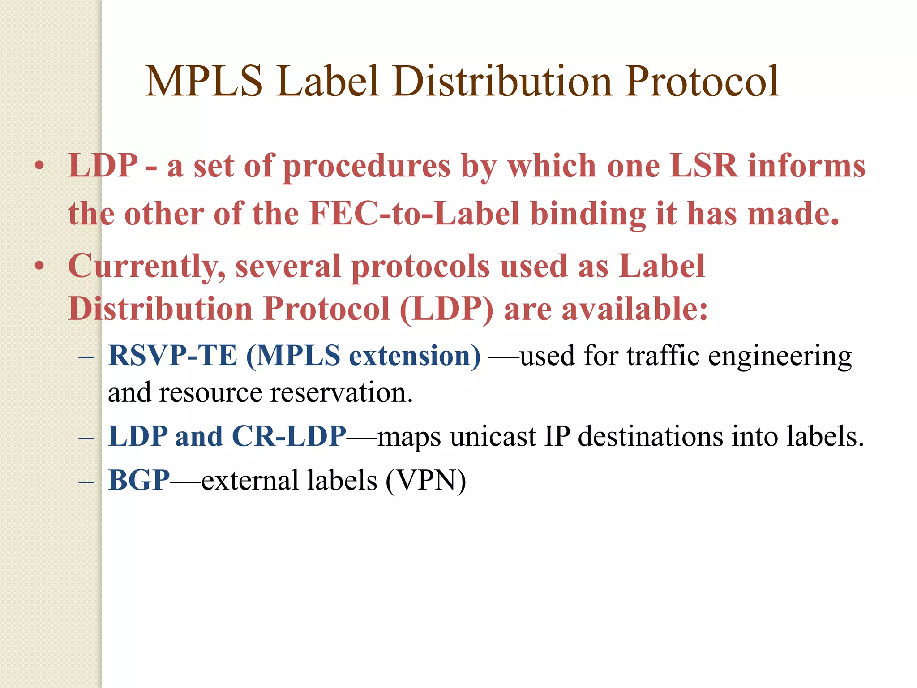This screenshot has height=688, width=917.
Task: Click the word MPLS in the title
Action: click(x=204, y=82)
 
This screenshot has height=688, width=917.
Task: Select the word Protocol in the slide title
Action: click(x=703, y=82)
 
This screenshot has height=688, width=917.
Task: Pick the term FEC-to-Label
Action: click(x=414, y=214)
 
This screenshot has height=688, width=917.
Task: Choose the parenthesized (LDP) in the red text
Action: click(x=446, y=310)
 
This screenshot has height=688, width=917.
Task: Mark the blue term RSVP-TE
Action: click(x=172, y=356)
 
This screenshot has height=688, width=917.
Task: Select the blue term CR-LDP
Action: click(x=289, y=436)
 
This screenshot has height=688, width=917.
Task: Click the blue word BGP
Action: click(x=139, y=481)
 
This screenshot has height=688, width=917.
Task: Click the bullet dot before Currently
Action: click(x=39, y=266)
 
